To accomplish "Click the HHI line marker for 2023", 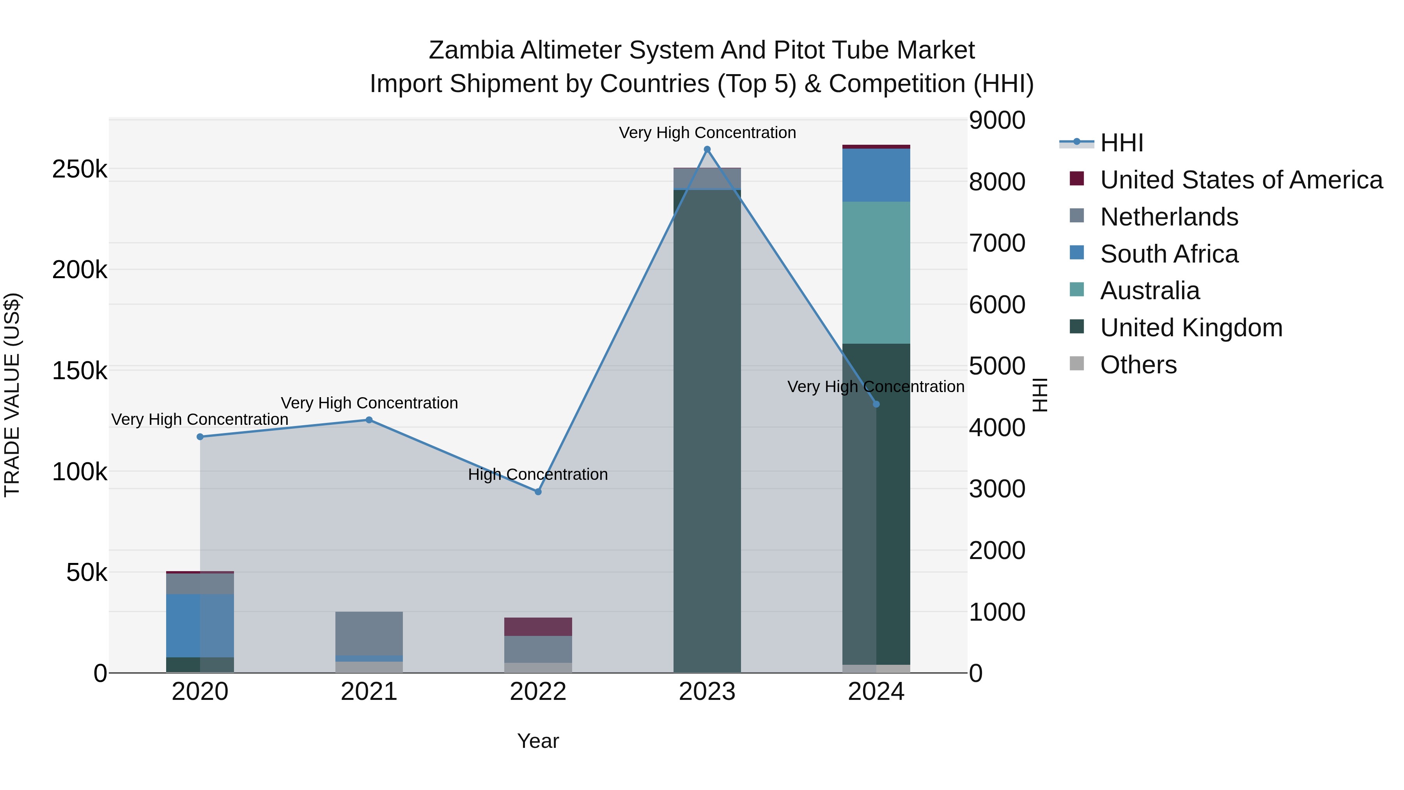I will point(707,149).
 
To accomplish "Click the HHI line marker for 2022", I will point(538,492).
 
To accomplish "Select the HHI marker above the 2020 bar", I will point(200,437).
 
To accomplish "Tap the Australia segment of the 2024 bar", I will point(876,273).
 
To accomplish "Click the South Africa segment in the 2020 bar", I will point(200,625).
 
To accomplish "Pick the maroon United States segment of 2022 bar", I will point(538,627).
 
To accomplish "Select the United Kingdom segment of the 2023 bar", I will point(707,431).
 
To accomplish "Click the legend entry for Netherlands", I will point(1169,217).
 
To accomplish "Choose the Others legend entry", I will point(1138,365).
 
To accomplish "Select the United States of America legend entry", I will point(1241,180).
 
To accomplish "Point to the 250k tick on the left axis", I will point(80,170).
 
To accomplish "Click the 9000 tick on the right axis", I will point(997,121).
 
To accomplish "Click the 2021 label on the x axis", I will point(369,692).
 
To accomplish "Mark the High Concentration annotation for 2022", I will point(538,474).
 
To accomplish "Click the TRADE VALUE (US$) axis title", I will point(12,395).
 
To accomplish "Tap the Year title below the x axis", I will point(538,741).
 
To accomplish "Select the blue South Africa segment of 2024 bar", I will point(876,175).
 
